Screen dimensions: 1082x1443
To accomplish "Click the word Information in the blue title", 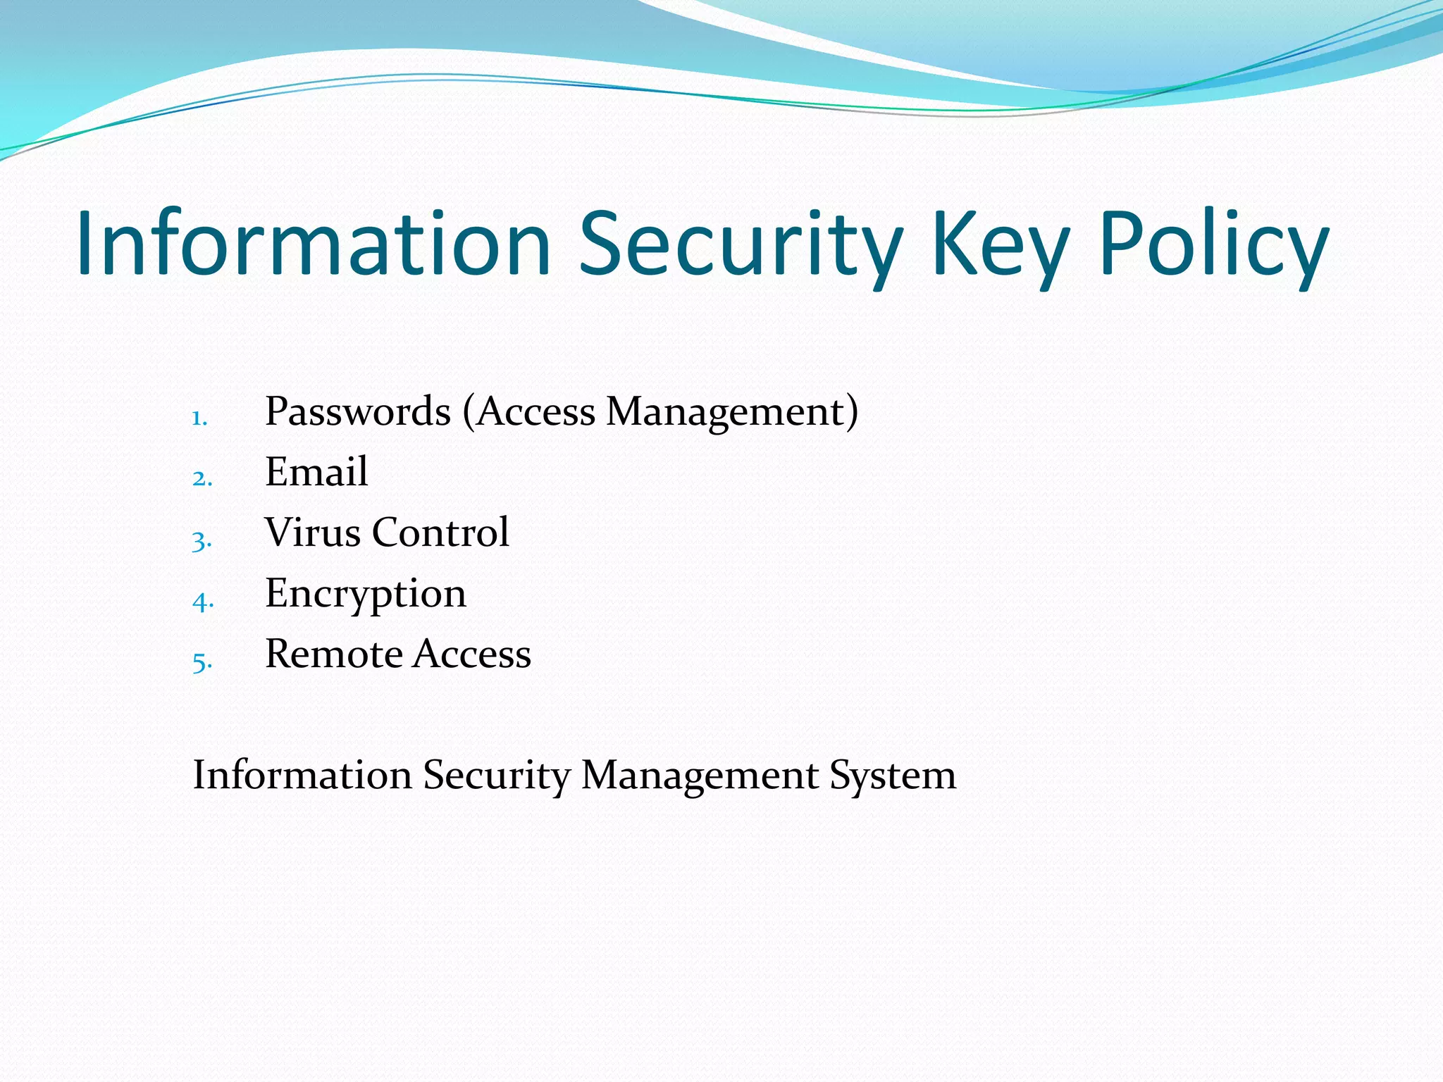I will coord(314,243).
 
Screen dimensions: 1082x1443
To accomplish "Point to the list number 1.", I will coord(199,418).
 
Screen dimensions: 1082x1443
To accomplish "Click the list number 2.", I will coord(202,479).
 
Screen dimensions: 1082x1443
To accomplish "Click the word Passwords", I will coord(357,411).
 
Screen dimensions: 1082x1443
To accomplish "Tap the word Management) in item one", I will coord(732,411).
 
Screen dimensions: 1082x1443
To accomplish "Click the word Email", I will coord(316,472).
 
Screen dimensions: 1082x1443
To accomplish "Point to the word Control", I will coord(440,533).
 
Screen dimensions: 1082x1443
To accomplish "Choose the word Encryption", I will coord(365,594).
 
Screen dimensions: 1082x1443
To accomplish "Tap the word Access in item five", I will coord(471,654).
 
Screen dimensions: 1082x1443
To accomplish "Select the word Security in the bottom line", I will coord(496,776).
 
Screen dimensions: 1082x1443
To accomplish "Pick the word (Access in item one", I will coord(528,411).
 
